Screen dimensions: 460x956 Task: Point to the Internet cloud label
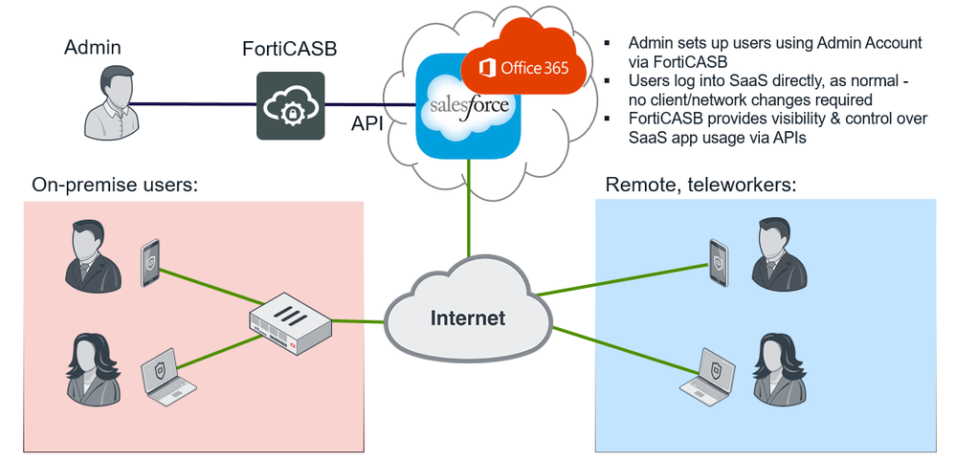click(x=467, y=318)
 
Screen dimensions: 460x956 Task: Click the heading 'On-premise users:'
click(x=114, y=185)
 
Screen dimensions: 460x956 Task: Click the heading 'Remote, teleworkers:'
click(x=700, y=185)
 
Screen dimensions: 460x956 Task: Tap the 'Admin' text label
click(x=94, y=46)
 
